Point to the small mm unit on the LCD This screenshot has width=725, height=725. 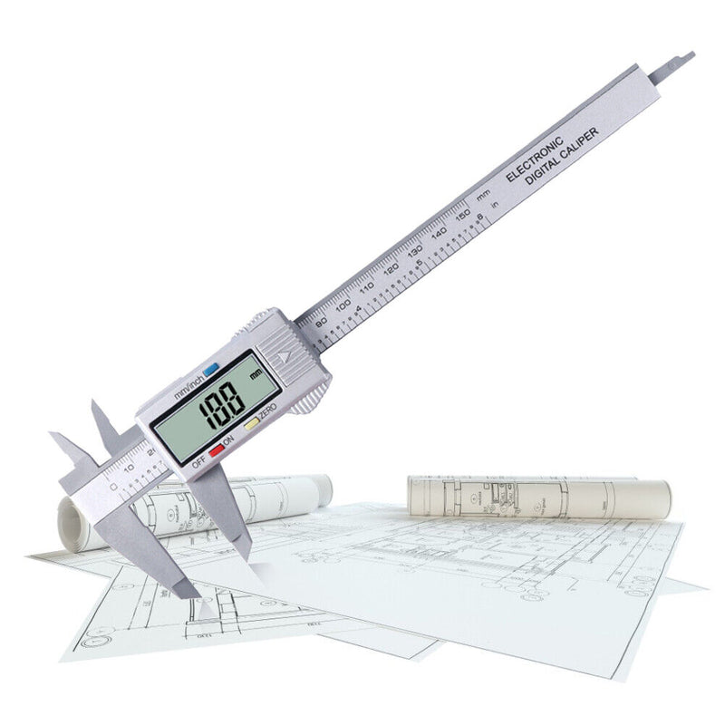(256, 372)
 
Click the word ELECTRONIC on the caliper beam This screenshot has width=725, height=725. (536, 158)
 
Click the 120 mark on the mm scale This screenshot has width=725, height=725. (391, 270)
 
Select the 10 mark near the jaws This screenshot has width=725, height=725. (128, 468)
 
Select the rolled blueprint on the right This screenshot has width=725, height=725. (538, 498)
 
